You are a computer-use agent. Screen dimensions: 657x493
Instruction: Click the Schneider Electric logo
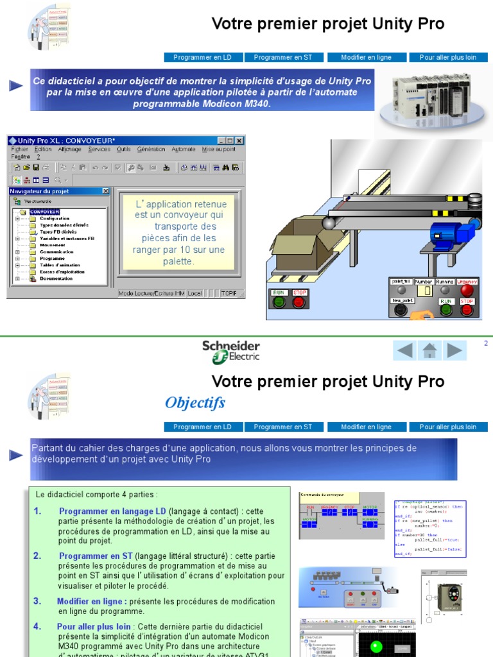pyautogui.click(x=232, y=352)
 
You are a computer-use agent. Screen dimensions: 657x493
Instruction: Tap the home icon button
pyautogui.click(x=429, y=350)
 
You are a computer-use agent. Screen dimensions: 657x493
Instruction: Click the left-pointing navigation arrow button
pyautogui.click(x=404, y=350)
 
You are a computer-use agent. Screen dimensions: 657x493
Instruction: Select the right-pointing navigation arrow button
pyautogui.click(x=454, y=350)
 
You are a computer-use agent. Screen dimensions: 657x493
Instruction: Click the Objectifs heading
pyautogui.click(x=195, y=403)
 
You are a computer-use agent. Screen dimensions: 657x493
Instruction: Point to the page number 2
pyautogui.click(x=486, y=344)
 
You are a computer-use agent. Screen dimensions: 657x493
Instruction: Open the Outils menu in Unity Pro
pyautogui.click(x=124, y=149)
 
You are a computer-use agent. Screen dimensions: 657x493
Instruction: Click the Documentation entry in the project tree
pyautogui.click(x=56, y=278)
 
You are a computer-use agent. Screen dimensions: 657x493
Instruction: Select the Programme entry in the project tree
pyautogui.click(x=52, y=259)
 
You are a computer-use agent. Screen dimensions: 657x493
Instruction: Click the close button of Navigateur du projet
pyautogui.click(x=106, y=191)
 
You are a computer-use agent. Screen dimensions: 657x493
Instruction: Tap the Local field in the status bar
pyautogui.click(x=195, y=293)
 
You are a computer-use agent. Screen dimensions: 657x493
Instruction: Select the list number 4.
pyautogui.click(x=37, y=626)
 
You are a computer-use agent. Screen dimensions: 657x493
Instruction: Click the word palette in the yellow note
pyautogui.click(x=178, y=261)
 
